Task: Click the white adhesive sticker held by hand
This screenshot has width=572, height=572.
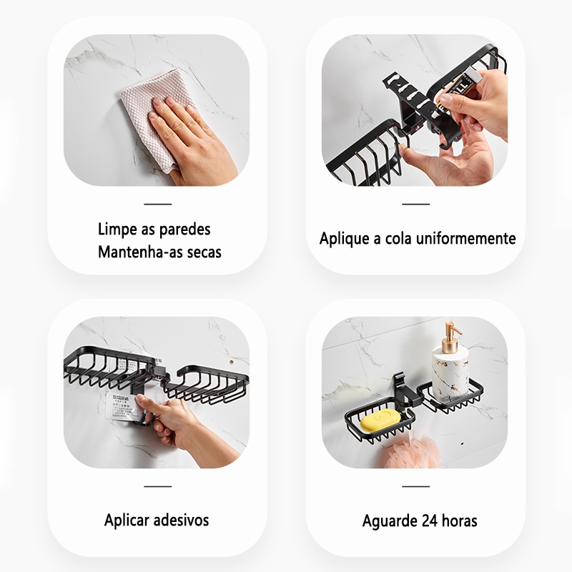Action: pyautogui.click(x=123, y=406)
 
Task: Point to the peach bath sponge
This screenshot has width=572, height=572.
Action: pyautogui.click(x=413, y=453)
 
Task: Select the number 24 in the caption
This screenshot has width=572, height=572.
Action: pyautogui.click(x=430, y=521)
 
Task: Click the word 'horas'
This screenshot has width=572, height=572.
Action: pyautogui.click(x=460, y=521)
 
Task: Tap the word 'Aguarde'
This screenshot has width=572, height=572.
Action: pyautogui.click(x=390, y=521)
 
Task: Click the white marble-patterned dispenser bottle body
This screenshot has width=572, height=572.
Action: pyautogui.click(x=450, y=373)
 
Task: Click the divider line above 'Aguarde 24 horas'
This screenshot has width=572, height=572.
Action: pyautogui.click(x=416, y=486)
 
